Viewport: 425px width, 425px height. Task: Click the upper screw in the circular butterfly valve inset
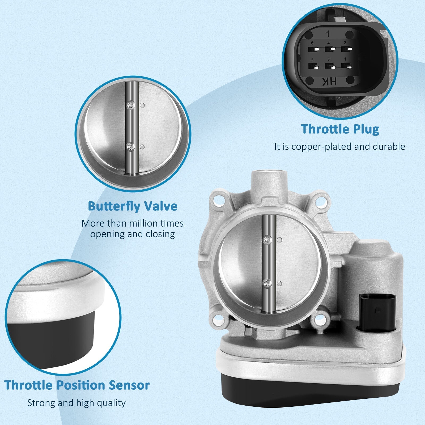[130, 105]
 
